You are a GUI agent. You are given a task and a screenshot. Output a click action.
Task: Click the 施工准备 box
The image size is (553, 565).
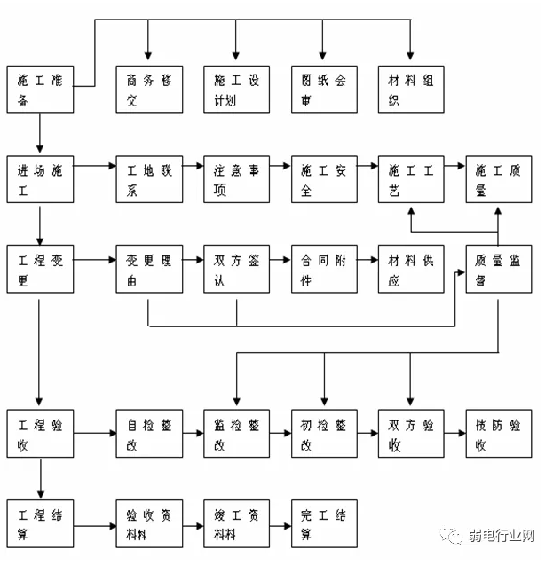[39, 89]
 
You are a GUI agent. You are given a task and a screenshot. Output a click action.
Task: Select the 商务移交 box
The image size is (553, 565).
[148, 89]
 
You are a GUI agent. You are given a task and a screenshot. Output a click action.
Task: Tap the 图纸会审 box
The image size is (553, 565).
[324, 89]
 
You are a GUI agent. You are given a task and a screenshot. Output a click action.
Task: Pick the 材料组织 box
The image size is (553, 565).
[410, 89]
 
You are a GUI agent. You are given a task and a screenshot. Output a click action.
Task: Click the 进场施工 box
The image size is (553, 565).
[39, 180]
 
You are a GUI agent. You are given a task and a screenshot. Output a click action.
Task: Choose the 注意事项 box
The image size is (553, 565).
[236, 180]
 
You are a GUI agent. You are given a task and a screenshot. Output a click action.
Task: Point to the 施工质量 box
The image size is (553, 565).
[499, 180]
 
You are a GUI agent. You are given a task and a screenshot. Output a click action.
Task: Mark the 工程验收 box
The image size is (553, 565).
[39, 434]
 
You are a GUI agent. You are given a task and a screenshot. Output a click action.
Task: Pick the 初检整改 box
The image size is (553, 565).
[324, 434]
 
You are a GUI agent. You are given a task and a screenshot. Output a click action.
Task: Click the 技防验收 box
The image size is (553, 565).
[499, 434]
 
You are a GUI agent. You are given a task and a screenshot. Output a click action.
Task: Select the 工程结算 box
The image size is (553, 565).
[39, 523]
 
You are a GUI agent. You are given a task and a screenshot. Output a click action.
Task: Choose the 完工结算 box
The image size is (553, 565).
[324, 523]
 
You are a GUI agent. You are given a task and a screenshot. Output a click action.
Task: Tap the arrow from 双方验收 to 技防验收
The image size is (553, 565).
[454, 433]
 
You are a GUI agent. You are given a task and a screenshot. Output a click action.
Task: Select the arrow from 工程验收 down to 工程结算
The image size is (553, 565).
[40, 479]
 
